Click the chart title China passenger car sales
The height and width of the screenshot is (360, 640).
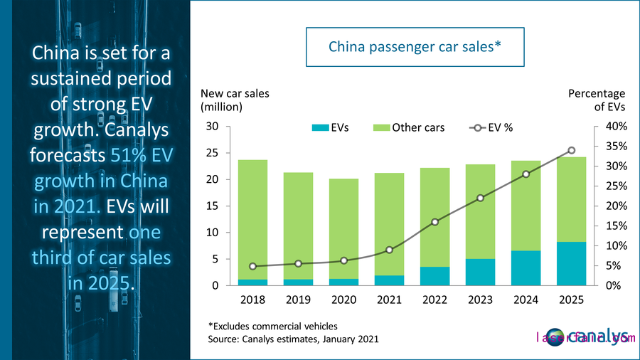point(415,47)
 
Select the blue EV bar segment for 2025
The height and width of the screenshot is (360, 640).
point(572,264)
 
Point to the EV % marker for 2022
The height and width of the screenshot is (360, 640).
point(435,222)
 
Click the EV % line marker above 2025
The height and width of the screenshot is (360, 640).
point(572,150)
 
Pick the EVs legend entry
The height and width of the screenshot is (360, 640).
point(334,128)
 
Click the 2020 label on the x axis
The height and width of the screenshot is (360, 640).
point(343,300)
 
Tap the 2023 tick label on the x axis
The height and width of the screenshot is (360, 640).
point(481,300)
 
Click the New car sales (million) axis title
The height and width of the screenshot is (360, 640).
point(235,100)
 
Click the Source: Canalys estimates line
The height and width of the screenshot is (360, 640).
point(293,339)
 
